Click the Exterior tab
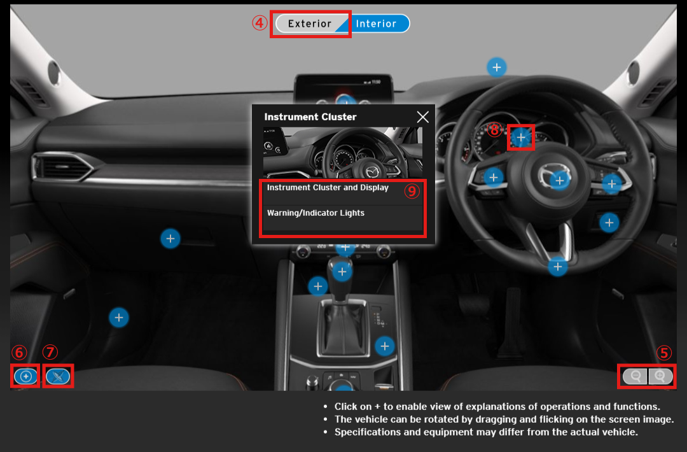[309, 24]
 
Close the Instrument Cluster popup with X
[423, 117]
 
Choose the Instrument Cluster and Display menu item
[328, 188]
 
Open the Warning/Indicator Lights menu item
[316, 213]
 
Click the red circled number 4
[260, 23]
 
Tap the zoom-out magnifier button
[635, 376]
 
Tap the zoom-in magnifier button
[660, 376]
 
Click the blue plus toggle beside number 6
[26, 376]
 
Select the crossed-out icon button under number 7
[58, 376]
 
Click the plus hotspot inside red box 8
[521, 138]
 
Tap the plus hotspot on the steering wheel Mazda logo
[560, 180]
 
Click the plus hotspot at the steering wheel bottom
[558, 267]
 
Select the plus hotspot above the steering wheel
[496, 67]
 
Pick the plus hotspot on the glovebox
[170, 239]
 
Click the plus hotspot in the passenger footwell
[119, 318]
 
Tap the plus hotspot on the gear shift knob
[342, 272]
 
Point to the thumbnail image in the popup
[343, 153]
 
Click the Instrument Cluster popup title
[310, 117]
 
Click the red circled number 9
[412, 191]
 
